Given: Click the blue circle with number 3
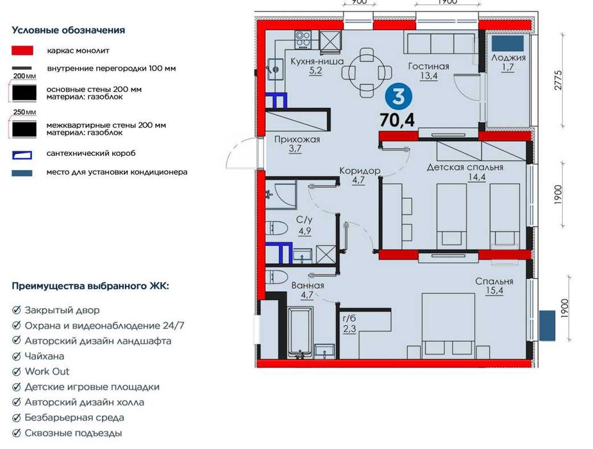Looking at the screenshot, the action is (398, 97).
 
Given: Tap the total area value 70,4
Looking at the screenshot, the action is (397, 121).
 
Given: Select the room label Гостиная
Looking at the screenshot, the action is (428, 66).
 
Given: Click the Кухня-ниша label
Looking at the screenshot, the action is (317, 62).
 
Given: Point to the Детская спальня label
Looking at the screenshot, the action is (465, 167).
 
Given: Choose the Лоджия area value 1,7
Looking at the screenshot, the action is (508, 67).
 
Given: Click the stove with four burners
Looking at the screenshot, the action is (303, 40).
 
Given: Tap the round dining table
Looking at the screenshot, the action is (367, 71).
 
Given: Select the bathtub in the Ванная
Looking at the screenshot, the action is (301, 332).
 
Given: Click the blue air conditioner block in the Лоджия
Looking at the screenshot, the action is (508, 43).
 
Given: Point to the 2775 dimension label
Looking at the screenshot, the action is (558, 81).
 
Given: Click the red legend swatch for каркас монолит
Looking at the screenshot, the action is (22, 51).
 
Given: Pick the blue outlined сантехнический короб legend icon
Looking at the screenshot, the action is (22, 155).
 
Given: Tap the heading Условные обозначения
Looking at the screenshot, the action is (69, 30).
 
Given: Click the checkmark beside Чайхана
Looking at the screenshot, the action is (16, 356).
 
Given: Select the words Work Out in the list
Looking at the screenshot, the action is (47, 371).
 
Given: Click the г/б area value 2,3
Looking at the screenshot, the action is (349, 328).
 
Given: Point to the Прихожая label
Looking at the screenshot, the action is (297, 139).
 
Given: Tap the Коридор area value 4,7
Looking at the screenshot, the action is (358, 180).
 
